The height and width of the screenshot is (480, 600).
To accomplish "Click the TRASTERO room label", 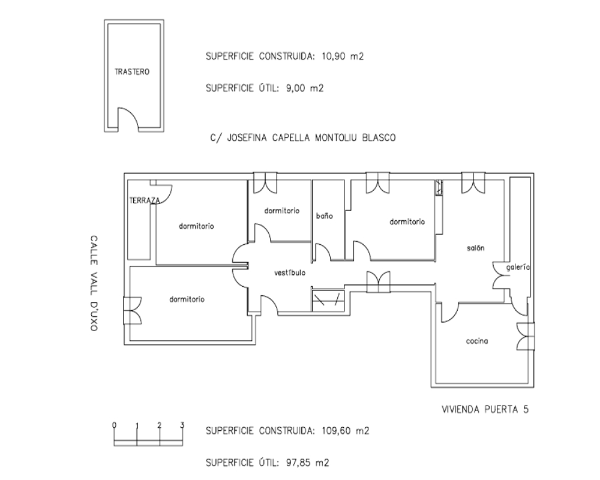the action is coord(132,71).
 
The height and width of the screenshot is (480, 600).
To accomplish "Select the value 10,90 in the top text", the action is coord(334,56).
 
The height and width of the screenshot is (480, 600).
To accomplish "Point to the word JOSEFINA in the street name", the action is coord(248,138).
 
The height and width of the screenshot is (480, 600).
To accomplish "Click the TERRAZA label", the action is coord(145,200).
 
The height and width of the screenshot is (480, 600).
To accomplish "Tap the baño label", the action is coord(325,216).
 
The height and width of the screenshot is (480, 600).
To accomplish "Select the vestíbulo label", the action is coord(290,272).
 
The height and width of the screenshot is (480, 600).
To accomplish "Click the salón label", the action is coord(476,248).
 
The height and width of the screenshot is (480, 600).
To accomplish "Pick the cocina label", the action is coord(477,341).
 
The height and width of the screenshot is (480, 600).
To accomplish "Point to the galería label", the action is coord(518,267).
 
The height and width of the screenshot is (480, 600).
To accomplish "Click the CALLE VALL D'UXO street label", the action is coord(94,283).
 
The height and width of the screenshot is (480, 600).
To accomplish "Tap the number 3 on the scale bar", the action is coord(182,425).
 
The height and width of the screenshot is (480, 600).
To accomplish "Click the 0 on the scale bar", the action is coord(115,425).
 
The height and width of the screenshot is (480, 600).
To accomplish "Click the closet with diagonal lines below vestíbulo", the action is coord(328,299).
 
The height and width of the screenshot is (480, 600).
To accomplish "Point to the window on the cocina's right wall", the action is coord(526,336).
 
